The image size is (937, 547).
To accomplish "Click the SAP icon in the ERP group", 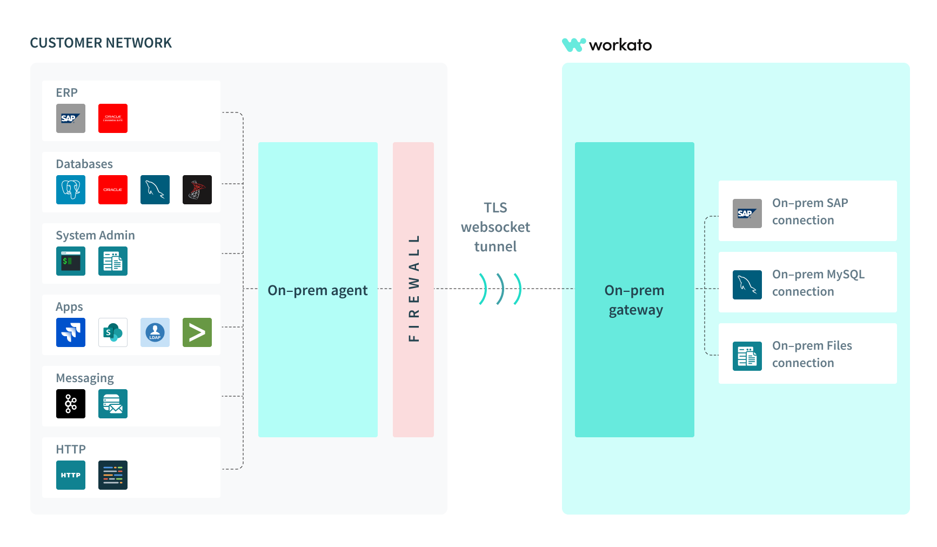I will pyautogui.click(x=71, y=118).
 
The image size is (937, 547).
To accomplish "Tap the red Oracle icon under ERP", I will pyautogui.click(x=113, y=118).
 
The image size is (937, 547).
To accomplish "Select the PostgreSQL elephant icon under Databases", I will pyautogui.click(x=71, y=190).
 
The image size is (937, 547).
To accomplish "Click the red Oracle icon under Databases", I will pyautogui.click(x=113, y=190).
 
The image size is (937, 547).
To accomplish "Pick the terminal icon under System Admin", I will pyautogui.click(x=71, y=261).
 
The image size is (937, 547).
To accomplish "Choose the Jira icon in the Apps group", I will pyautogui.click(x=71, y=332).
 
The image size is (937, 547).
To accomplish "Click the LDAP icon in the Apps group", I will pyautogui.click(x=155, y=332).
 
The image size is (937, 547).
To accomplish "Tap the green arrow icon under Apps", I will pyautogui.click(x=197, y=332).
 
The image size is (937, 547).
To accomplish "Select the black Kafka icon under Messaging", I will pyautogui.click(x=71, y=404).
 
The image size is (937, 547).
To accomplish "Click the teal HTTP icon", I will pyautogui.click(x=71, y=475).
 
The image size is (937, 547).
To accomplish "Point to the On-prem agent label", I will pyautogui.click(x=318, y=290).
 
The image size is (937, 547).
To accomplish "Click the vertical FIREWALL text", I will pyautogui.click(x=414, y=288).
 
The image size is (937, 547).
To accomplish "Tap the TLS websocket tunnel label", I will pyautogui.click(x=496, y=227).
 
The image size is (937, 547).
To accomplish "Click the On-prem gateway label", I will pyautogui.click(x=635, y=300).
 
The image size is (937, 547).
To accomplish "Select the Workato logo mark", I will pyautogui.click(x=574, y=45).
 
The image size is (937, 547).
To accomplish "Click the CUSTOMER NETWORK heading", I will pyautogui.click(x=101, y=43).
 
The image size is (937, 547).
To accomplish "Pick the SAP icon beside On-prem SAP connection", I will pyautogui.click(x=747, y=214).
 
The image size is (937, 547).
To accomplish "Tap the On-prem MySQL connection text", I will pyautogui.click(x=818, y=283).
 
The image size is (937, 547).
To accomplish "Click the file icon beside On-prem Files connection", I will pyautogui.click(x=747, y=356).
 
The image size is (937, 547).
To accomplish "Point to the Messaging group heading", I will pyautogui.click(x=85, y=378).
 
